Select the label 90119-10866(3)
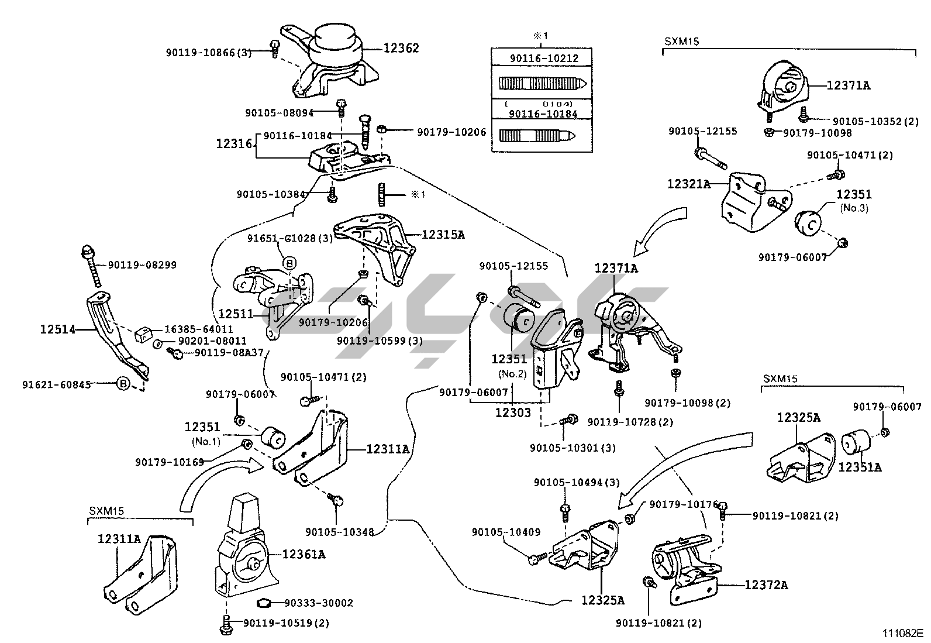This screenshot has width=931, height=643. pos(208,53)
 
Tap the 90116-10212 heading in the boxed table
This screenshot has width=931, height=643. pos(544,59)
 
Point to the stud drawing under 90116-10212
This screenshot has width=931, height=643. pos(543,83)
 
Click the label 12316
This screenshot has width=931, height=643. pos(234,143)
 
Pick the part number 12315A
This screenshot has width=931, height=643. pos(443,235)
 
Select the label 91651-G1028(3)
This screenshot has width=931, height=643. pos(289,238)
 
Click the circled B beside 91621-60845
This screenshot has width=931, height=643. pos(123,384)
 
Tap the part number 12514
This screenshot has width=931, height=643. pos(58,329)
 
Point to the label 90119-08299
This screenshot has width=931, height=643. pos(142,264)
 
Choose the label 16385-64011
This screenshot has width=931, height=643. pos(198,329)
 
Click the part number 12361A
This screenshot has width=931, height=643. pos(304,553)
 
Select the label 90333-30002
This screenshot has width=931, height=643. pos(319,603)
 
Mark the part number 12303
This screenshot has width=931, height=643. pos(513,412)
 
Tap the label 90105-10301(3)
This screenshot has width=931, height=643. pos(573,448)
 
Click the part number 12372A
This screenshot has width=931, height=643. pos(766,584)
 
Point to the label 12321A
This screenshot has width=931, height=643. pos(688,184)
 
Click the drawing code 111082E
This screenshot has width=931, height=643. pos(902,633)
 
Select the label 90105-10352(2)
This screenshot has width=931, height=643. pos(875,121)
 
